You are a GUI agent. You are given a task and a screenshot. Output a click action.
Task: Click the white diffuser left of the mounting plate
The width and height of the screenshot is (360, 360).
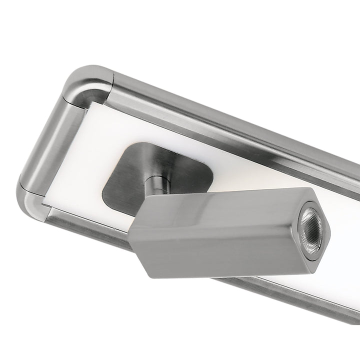click(85, 170)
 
